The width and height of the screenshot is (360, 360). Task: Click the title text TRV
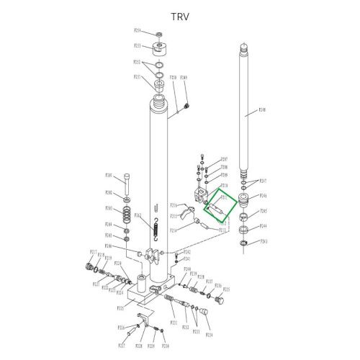point(179,17)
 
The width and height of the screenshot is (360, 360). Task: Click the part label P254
point(138,31)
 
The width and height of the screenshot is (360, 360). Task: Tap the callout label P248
point(262,111)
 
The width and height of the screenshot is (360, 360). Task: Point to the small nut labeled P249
point(186,107)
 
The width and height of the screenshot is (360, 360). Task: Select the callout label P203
point(109,208)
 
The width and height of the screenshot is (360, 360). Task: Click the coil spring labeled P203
point(127,213)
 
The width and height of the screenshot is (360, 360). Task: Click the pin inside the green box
point(215,206)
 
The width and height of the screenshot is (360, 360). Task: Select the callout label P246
point(264,196)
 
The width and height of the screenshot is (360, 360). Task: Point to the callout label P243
point(264,241)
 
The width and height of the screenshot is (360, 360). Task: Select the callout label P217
point(93,252)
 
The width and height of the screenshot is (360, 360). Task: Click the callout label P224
point(210,335)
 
